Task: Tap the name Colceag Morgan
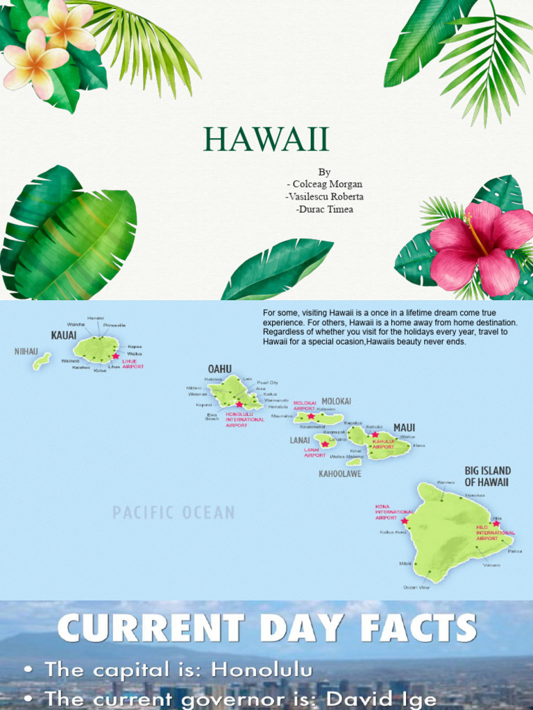[x=325, y=184]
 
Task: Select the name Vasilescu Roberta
[x=325, y=196]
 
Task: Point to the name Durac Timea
[x=324, y=209]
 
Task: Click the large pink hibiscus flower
[x=479, y=246]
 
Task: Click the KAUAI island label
[x=63, y=336]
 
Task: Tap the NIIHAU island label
[x=26, y=352]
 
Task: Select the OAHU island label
[x=219, y=369]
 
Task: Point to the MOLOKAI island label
[x=336, y=401]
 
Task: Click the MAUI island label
[x=405, y=427]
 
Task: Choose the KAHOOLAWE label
[x=339, y=474]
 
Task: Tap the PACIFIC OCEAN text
[x=174, y=513]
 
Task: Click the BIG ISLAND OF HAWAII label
[x=487, y=476]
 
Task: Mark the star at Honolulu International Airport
[x=239, y=404]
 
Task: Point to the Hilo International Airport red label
[x=496, y=532]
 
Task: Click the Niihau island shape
[x=42, y=361]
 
